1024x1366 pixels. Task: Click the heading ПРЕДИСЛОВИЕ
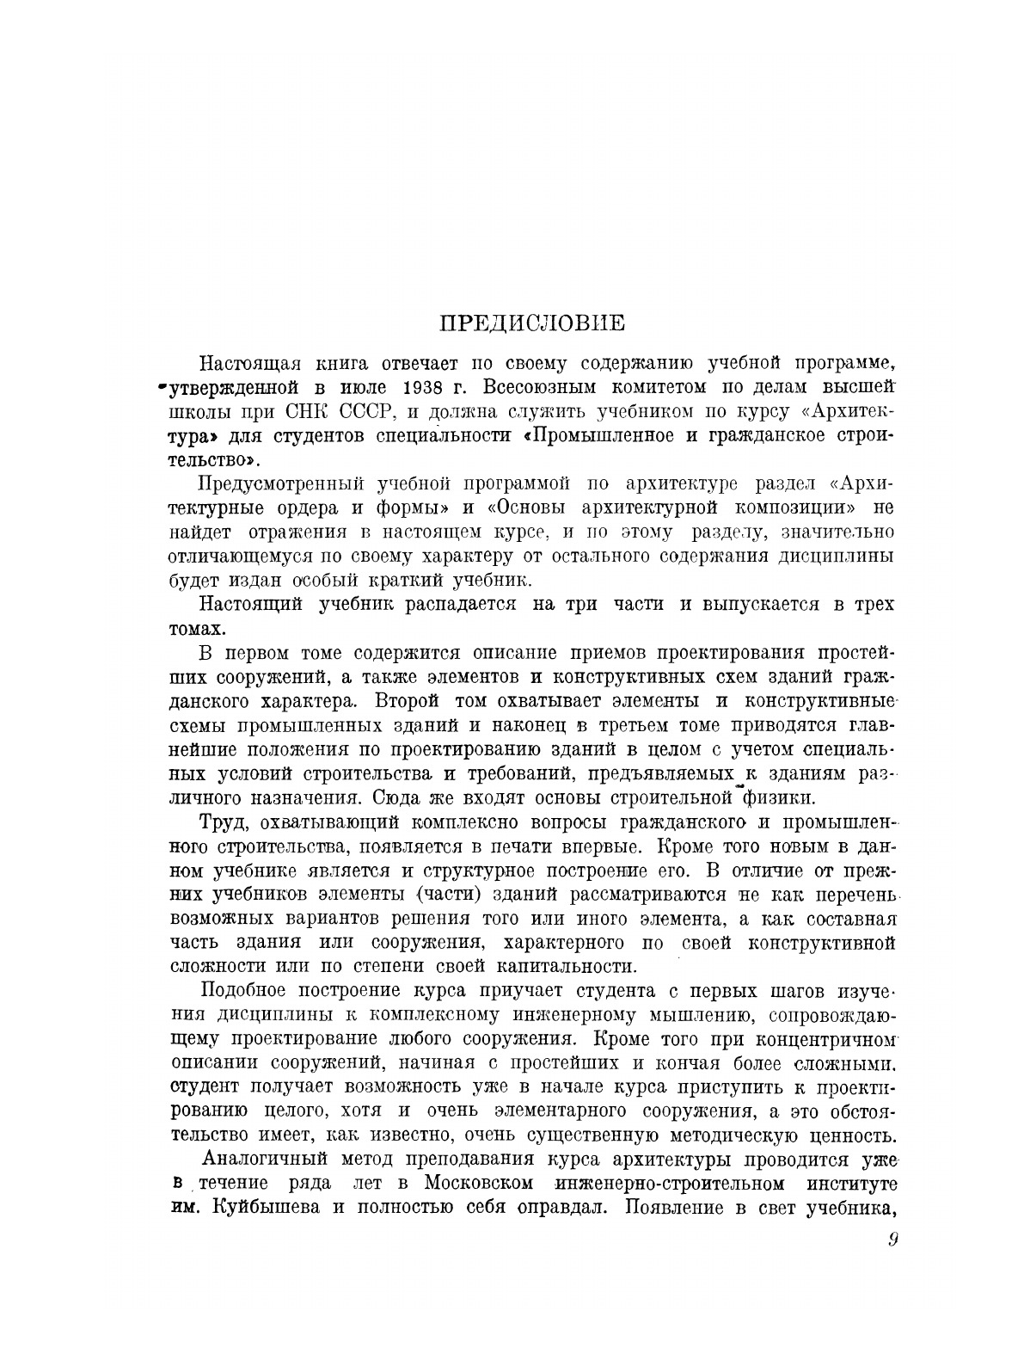tap(532, 324)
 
